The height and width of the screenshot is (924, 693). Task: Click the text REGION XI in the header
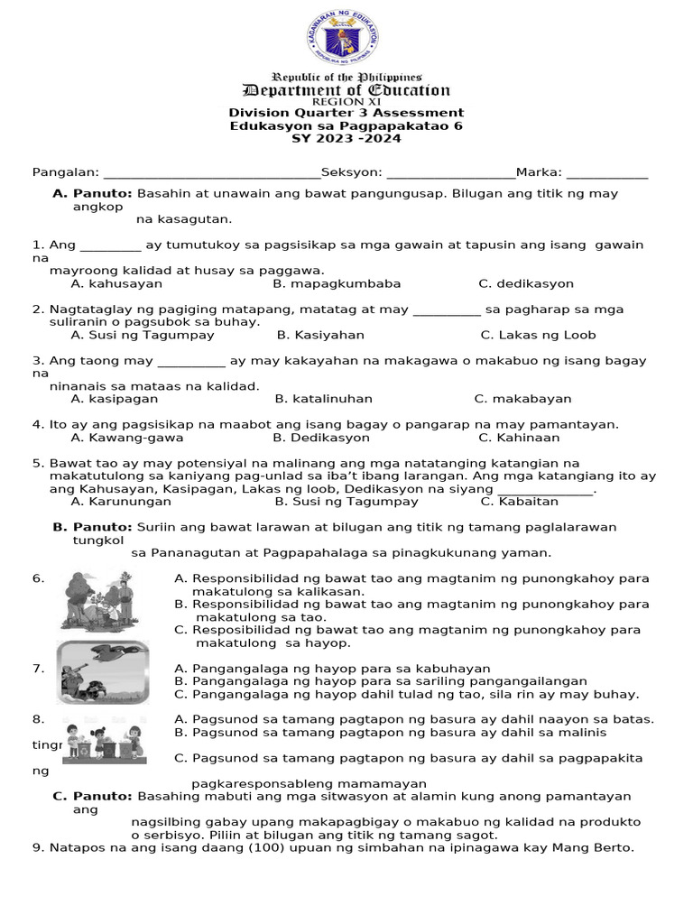[346, 102]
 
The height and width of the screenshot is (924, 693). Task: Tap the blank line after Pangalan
[212, 174]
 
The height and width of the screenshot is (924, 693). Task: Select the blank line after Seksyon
[449, 174]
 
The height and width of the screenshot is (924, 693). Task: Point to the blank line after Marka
[607, 174]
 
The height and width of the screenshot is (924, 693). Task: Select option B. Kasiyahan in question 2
[320, 335]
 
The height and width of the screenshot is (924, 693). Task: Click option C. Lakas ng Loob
[538, 335]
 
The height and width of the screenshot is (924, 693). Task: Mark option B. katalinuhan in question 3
[323, 399]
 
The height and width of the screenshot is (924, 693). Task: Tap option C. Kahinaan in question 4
[519, 438]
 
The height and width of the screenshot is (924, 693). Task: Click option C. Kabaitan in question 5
[519, 502]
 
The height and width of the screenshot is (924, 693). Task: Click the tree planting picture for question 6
[98, 601]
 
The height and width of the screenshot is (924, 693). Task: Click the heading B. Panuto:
[92, 527]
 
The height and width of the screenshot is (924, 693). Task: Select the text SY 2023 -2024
[346, 138]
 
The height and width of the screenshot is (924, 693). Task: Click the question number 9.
[37, 847]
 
